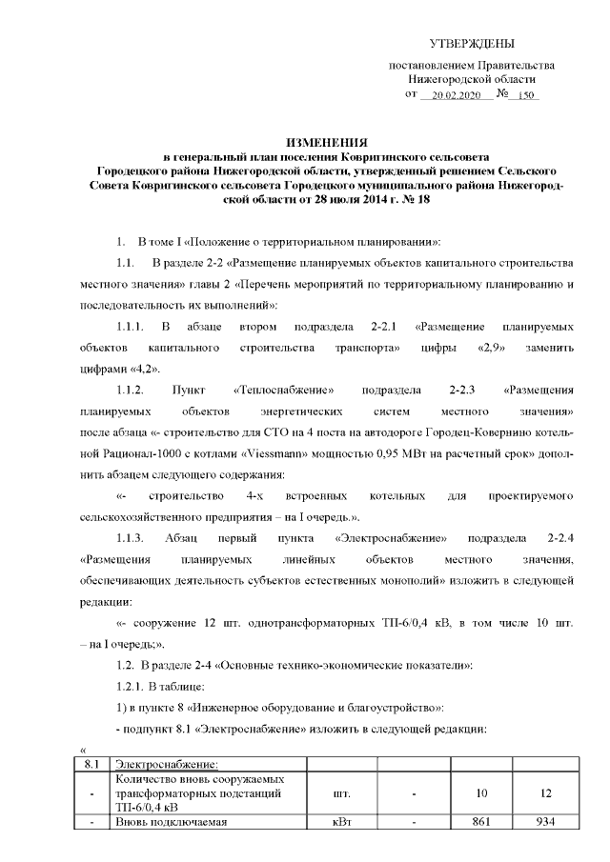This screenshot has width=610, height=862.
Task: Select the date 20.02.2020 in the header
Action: pyautogui.click(x=453, y=97)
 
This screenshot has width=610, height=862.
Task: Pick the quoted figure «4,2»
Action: pyautogui.click(x=142, y=369)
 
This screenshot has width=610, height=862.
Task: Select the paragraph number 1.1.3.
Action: pyautogui.click(x=131, y=538)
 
